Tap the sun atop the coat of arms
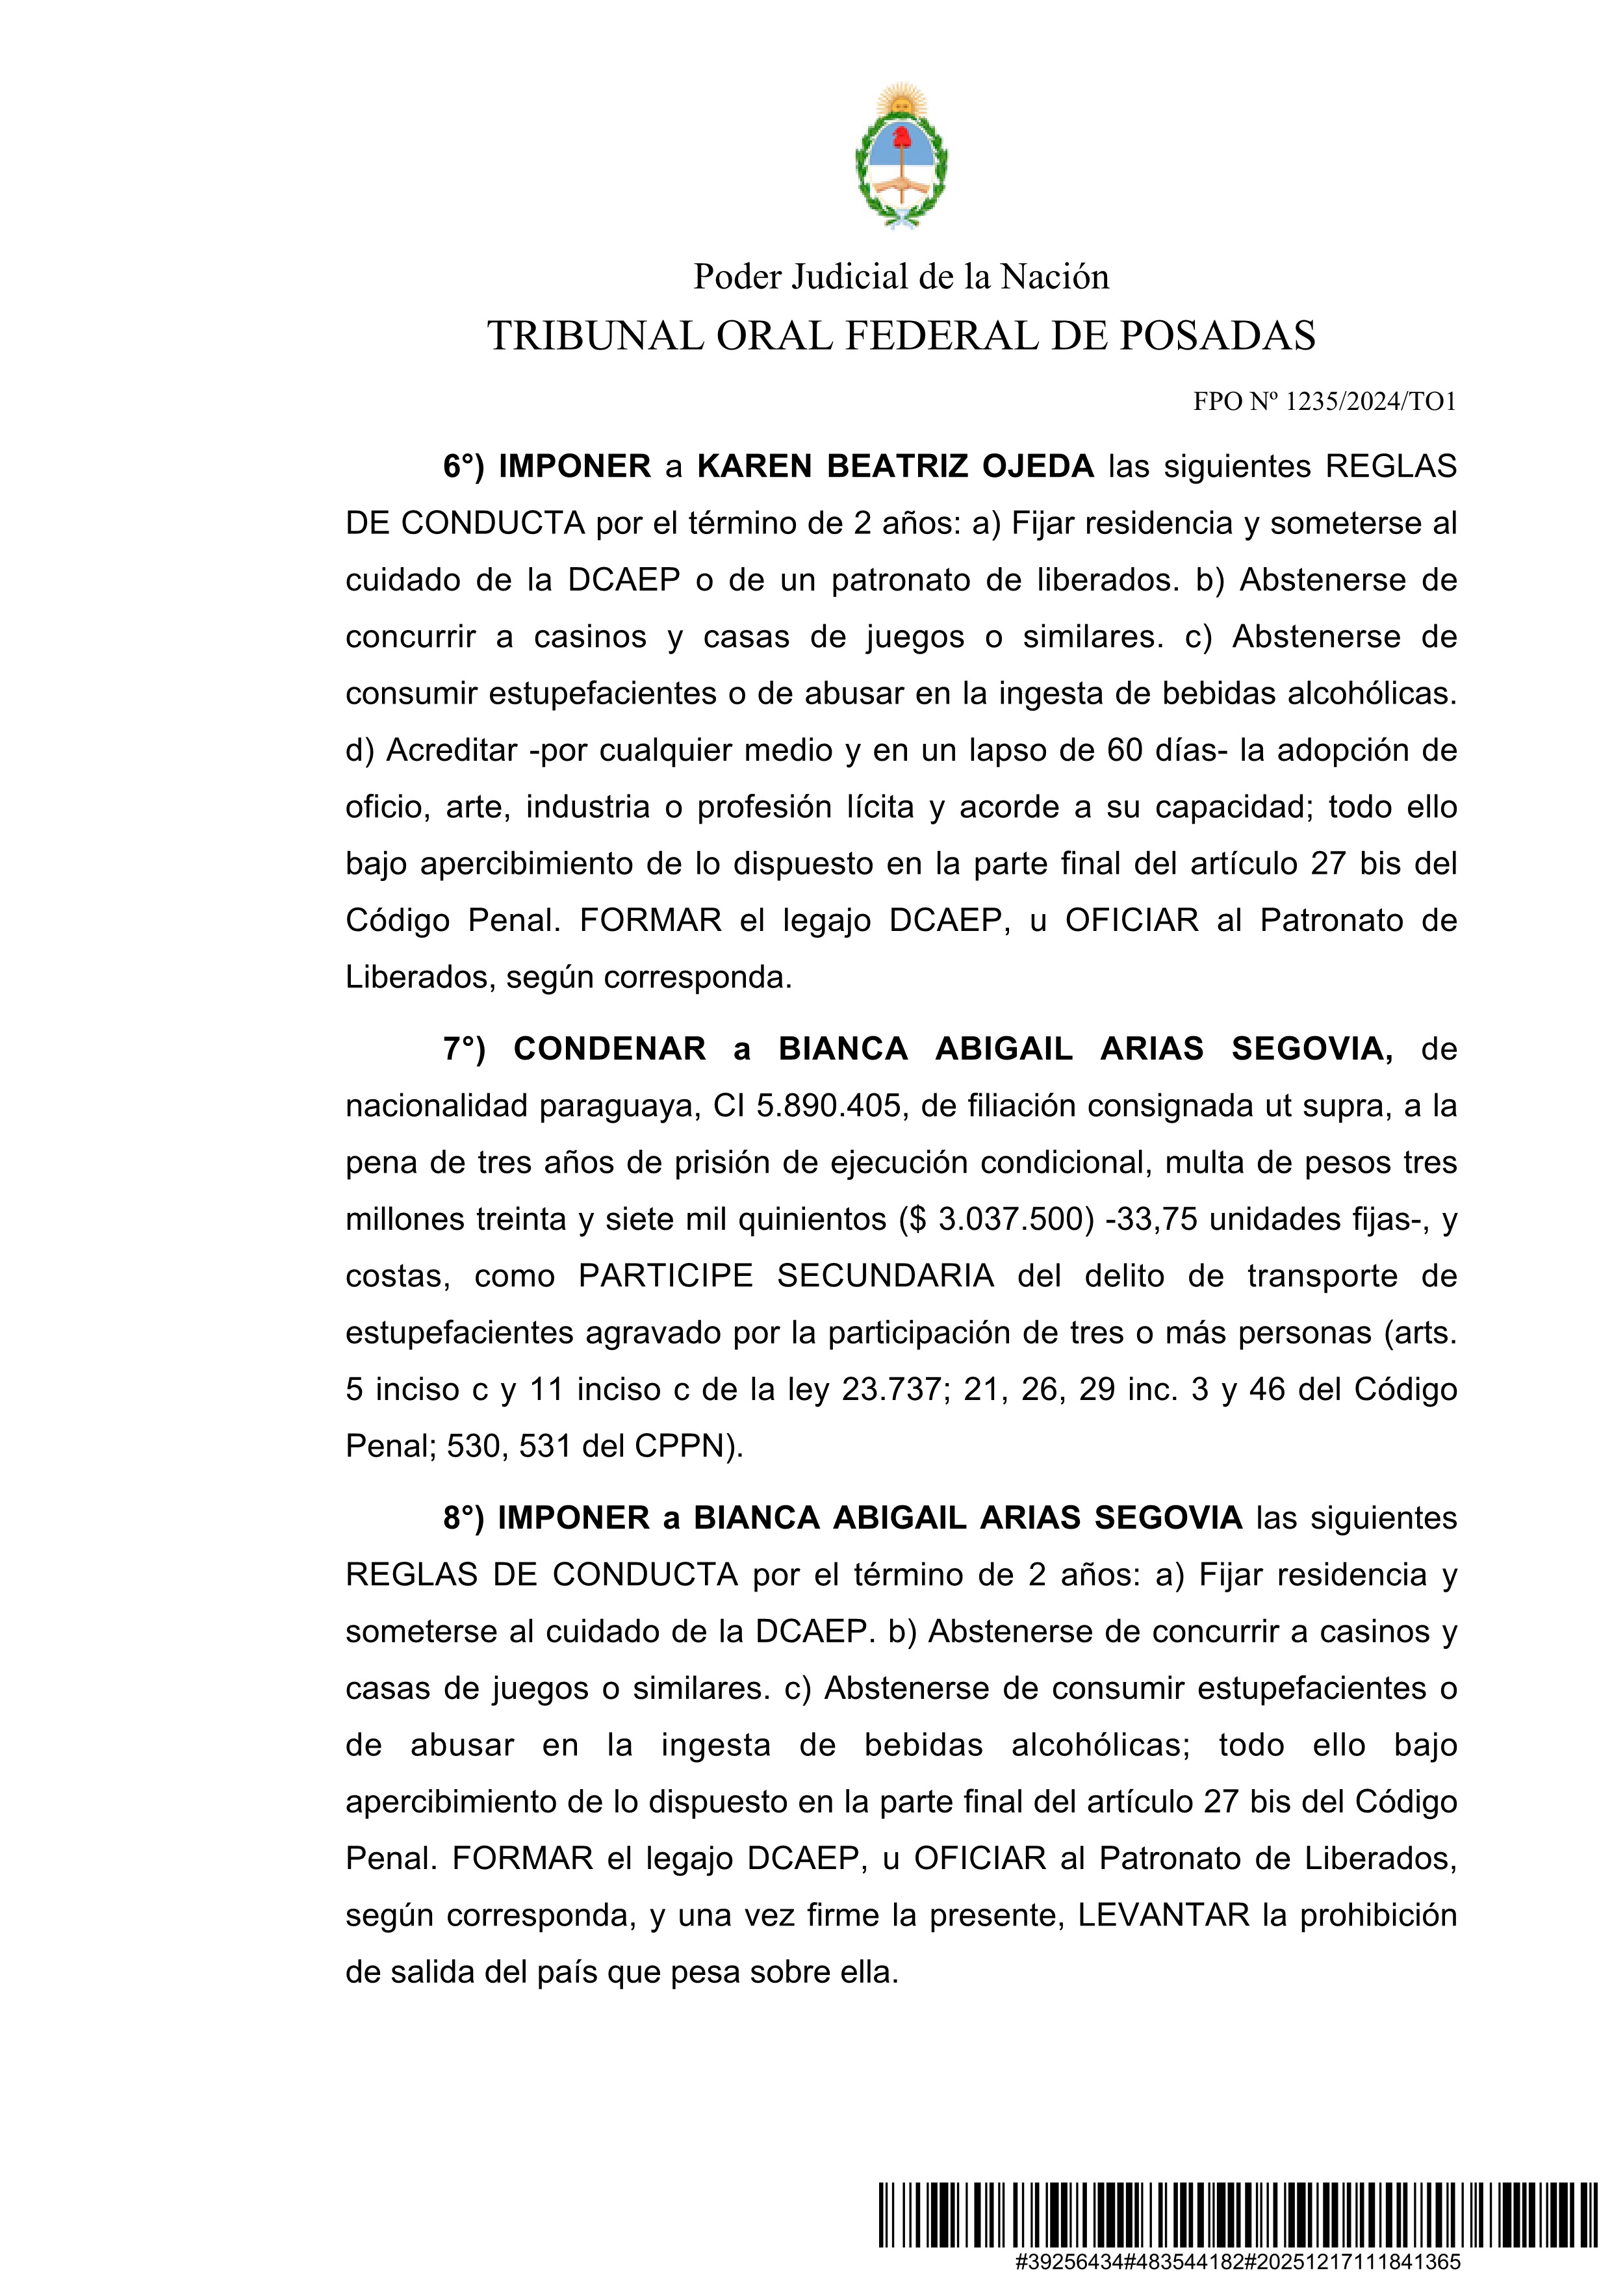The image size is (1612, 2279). pyautogui.click(x=901, y=100)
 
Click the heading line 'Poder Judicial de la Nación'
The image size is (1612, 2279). pyautogui.click(x=901, y=277)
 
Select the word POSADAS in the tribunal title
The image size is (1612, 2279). pyautogui.click(x=1218, y=337)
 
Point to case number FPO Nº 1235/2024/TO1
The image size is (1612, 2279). pyautogui.click(x=1324, y=402)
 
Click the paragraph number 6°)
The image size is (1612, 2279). pyautogui.click(x=463, y=466)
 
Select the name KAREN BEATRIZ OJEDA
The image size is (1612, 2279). pyautogui.click(x=895, y=466)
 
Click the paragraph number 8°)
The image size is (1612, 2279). pyautogui.click(x=463, y=1518)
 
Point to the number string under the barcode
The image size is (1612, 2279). pyautogui.click(x=1238, y=2262)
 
